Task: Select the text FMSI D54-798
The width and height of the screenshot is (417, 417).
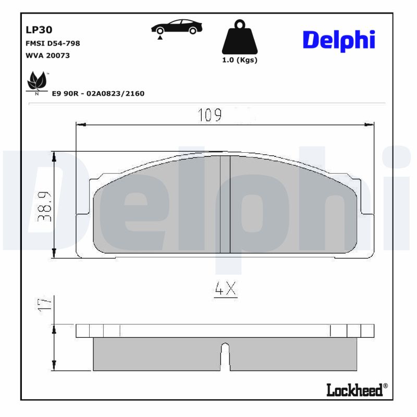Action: pyautogui.click(x=52, y=43)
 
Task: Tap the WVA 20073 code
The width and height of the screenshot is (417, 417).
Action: pyautogui.click(x=47, y=55)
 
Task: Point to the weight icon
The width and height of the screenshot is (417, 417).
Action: pyautogui.click(x=240, y=37)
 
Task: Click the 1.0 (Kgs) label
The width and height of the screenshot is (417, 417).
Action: pyautogui.click(x=240, y=60)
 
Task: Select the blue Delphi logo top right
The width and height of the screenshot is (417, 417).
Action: pyautogui.click(x=339, y=40)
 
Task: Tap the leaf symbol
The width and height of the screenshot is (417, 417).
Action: pyautogui.click(x=36, y=81)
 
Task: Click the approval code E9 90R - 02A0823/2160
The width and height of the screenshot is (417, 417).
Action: pyautogui.click(x=97, y=93)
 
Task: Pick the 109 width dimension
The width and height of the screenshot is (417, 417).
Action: pyautogui.click(x=210, y=115)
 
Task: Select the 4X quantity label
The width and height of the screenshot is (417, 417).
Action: pyautogui.click(x=225, y=289)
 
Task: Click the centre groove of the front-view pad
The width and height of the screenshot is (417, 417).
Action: pyautogui.click(x=225, y=203)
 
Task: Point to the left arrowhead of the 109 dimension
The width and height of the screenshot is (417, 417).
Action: pyautogui.click(x=80, y=125)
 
